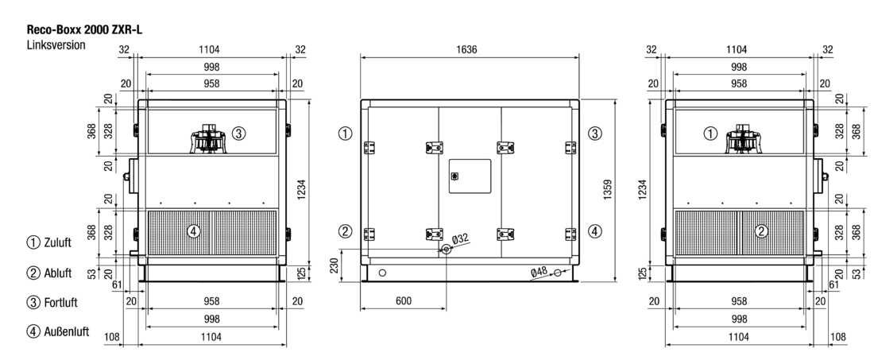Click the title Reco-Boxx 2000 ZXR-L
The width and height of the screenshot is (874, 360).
tap(84, 30)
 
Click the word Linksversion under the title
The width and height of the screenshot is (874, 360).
tap(56, 45)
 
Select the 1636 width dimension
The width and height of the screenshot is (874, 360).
tap(466, 49)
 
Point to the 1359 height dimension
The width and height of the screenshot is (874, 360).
tap(607, 189)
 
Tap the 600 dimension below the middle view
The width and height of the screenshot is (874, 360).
tap(403, 301)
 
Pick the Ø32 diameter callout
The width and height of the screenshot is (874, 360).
tap(460, 239)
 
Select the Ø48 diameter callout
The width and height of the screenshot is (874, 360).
tap(539, 272)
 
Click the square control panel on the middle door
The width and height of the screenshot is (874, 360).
tap(470, 176)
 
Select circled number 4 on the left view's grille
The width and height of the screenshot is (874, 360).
tap(193, 230)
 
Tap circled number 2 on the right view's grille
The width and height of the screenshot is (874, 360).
tap(761, 230)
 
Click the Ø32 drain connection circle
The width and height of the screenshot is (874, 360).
tap(446, 250)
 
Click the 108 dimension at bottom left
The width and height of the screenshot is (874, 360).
tap(113, 337)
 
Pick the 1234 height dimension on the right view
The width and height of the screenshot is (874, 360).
tap(643, 189)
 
